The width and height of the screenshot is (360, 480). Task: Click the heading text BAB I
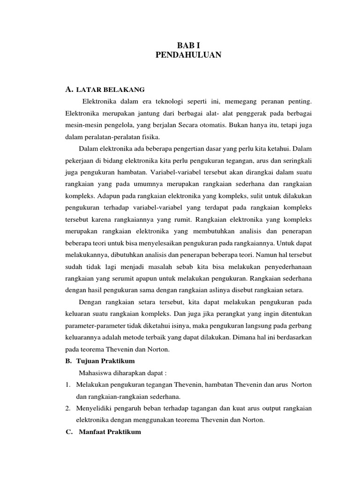pos(188,45)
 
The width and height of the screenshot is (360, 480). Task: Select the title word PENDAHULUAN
pos(188,55)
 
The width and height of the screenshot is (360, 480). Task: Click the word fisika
pos(150,137)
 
